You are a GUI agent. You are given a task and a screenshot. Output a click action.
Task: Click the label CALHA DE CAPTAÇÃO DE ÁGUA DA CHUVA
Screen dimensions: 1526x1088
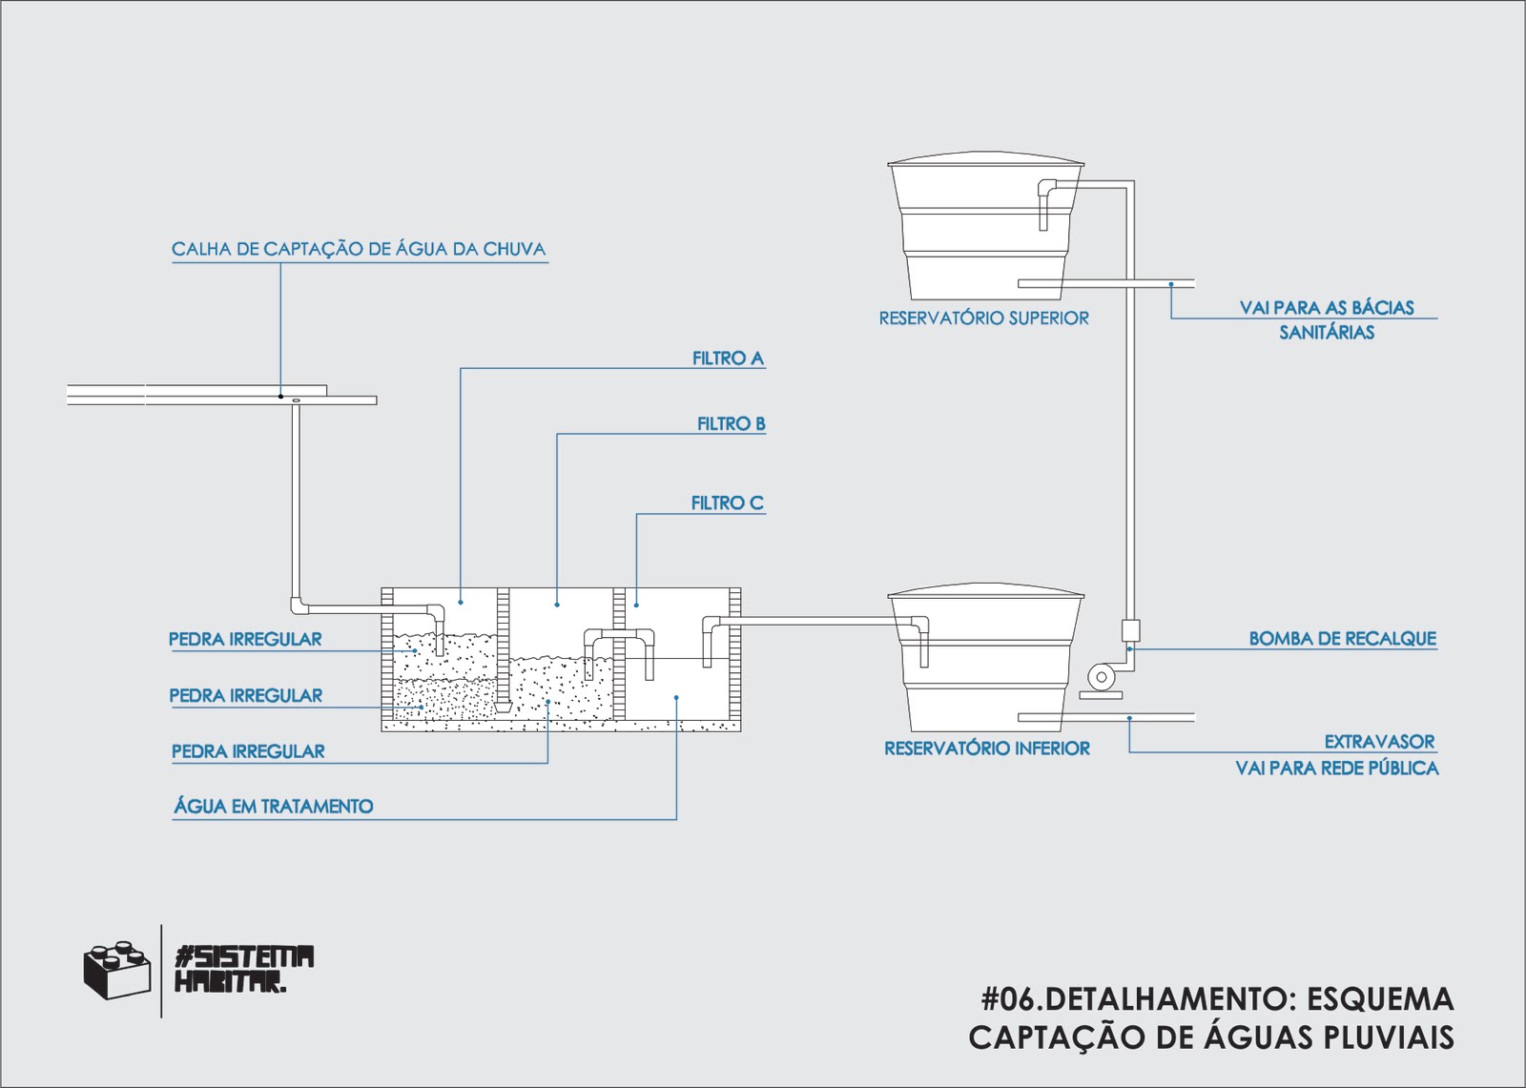[x=359, y=250]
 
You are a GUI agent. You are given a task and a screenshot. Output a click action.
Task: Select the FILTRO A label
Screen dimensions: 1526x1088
[x=728, y=359]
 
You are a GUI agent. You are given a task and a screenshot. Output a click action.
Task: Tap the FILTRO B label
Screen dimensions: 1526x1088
[x=731, y=424]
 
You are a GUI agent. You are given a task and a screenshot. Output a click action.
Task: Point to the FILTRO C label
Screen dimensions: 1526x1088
[x=727, y=503]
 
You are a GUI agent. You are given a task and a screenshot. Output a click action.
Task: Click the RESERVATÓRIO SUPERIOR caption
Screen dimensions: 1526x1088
[x=983, y=318]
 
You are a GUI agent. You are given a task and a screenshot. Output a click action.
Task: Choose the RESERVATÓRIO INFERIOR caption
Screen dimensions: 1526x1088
[x=986, y=749]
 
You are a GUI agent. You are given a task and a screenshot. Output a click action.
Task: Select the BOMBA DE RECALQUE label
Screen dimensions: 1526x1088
[x=1342, y=639]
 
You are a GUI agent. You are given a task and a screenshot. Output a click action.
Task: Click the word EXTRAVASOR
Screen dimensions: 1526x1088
[x=1379, y=742]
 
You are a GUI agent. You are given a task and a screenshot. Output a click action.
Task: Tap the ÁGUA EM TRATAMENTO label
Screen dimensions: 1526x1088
[x=274, y=807]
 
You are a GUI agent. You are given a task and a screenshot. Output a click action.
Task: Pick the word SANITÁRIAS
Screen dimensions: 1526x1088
[x=1327, y=333]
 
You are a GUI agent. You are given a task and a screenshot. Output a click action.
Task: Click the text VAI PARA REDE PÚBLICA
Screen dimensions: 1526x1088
[x=1336, y=769]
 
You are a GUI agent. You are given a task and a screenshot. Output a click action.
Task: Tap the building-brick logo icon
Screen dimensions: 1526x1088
[x=116, y=971]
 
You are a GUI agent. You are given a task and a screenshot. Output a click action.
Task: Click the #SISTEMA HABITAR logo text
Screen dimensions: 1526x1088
[x=244, y=969]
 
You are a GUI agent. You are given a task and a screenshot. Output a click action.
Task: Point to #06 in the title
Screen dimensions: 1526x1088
[x=1007, y=999]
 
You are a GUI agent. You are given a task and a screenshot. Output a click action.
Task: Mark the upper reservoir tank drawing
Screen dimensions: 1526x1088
[x=984, y=229]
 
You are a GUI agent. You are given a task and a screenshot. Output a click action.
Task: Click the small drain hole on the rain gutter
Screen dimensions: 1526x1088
[x=297, y=400]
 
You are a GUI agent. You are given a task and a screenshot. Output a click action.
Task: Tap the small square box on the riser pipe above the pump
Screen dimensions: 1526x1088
[x=1130, y=630]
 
